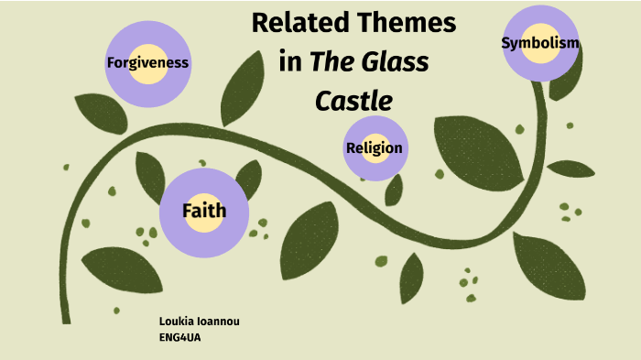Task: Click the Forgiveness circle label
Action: pyautogui.click(x=147, y=63)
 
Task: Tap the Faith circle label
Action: pyautogui.click(x=203, y=212)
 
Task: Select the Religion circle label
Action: pyautogui.click(x=375, y=147)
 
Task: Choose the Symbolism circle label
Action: pyautogui.click(x=540, y=43)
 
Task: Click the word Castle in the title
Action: pyautogui.click(x=353, y=100)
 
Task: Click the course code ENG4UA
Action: pyautogui.click(x=179, y=337)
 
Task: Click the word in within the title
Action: pyautogui.click(x=290, y=62)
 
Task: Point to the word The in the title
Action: pyautogui.click(x=333, y=62)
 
